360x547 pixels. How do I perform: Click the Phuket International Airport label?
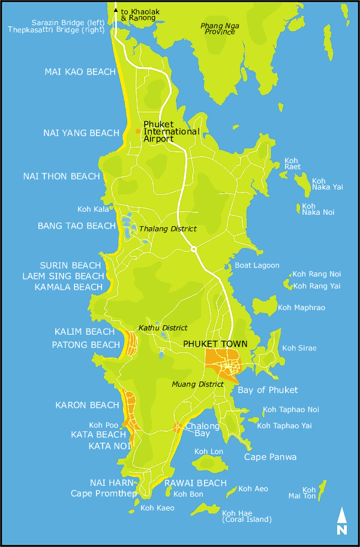[171, 131]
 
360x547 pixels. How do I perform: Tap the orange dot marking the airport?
[138, 131]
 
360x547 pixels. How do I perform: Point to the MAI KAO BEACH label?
[80, 72]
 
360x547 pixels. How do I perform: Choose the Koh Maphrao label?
[301, 308]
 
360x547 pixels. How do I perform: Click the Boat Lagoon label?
[257, 265]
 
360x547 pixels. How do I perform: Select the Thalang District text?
[168, 229]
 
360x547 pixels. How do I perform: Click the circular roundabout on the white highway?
[193, 248]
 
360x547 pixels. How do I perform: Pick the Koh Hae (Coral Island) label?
[247, 516]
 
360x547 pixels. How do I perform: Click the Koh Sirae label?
[299, 348]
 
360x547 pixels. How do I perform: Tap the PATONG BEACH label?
[86, 345]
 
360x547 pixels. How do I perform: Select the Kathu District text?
[163, 328]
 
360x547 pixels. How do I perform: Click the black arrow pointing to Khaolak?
[116, 10]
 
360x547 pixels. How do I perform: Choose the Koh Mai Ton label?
[310, 493]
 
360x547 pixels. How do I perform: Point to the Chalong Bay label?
[197, 429]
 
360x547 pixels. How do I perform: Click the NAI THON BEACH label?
[61, 176]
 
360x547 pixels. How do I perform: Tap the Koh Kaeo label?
[157, 508]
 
